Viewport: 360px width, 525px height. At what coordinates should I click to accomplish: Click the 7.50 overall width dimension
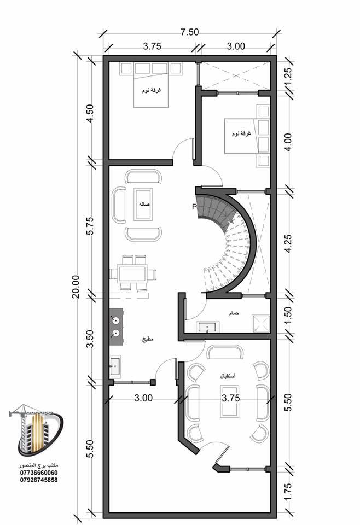pos(189,32)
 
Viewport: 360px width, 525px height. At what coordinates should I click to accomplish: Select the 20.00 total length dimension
pos(76,287)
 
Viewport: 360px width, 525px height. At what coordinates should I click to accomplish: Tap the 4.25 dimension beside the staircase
pos(288,243)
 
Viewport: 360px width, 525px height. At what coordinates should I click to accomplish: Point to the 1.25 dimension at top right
pos(288,77)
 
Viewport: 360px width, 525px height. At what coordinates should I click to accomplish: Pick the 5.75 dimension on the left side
pos(90,226)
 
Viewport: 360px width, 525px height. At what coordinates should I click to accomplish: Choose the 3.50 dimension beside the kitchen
pos(90,339)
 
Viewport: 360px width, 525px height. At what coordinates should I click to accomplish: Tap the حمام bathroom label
pos(234,314)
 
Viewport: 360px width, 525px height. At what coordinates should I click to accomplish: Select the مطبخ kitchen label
pos(148,339)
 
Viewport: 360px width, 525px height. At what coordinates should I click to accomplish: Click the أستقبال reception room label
pos(228,376)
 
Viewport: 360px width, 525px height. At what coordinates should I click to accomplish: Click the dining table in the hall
pos(133,274)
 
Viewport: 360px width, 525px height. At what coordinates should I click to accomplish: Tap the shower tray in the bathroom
pos(261,323)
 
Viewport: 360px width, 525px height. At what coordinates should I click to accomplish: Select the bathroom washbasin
pos(207,326)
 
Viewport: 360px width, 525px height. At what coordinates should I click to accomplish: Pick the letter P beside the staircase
pos(194,207)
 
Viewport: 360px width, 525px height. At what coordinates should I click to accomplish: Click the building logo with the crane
pos(36,431)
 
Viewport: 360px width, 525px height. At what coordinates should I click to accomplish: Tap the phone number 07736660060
pos(38,472)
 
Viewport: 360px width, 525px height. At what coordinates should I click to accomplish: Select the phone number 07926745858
pos(38,480)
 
